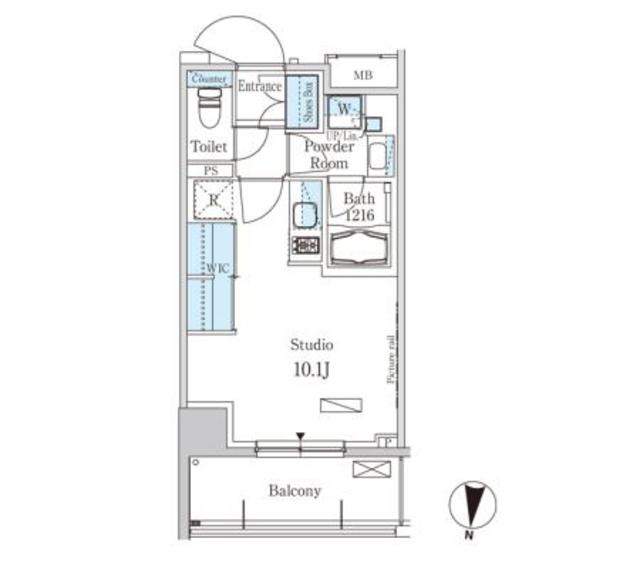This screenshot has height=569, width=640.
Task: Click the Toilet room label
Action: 210,147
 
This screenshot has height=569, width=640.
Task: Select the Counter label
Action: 209,78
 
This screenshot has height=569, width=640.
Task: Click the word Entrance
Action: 260,87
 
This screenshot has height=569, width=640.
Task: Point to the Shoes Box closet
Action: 304,103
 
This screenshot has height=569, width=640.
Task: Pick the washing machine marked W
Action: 343,108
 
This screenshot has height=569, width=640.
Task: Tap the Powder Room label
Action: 328,155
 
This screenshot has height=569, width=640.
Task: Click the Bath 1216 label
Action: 358,206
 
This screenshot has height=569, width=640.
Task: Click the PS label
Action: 210,171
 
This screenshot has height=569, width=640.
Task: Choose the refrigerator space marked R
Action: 212,198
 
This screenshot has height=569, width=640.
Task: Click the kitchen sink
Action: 305,216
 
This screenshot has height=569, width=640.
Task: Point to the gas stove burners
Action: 305,245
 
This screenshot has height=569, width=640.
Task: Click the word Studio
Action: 311,344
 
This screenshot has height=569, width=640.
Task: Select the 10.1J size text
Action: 311,371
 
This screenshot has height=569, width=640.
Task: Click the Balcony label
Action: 295,491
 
